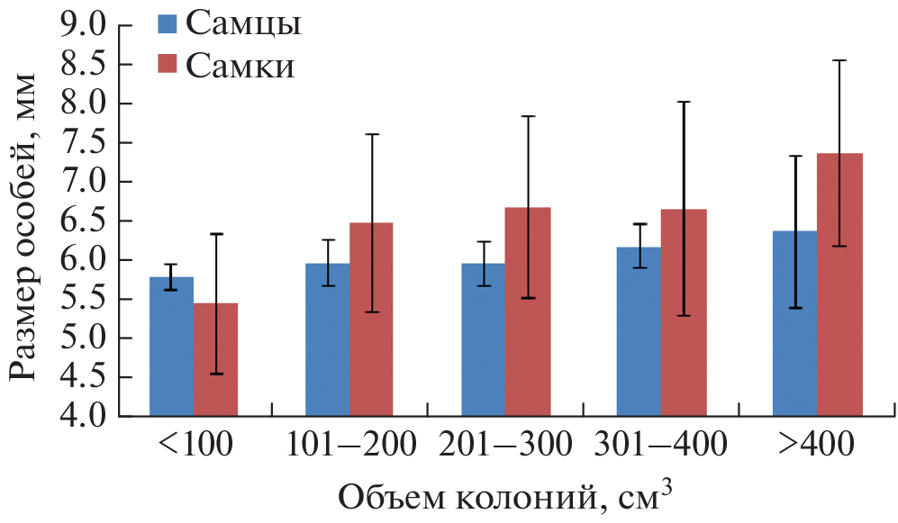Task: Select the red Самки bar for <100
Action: (215, 360)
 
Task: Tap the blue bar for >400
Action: (794, 324)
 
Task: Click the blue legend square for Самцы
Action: (168, 24)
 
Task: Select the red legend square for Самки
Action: (168, 65)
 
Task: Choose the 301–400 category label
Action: (661, 445)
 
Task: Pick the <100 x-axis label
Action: (195, 445)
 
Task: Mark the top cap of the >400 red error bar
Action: (839, 60)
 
